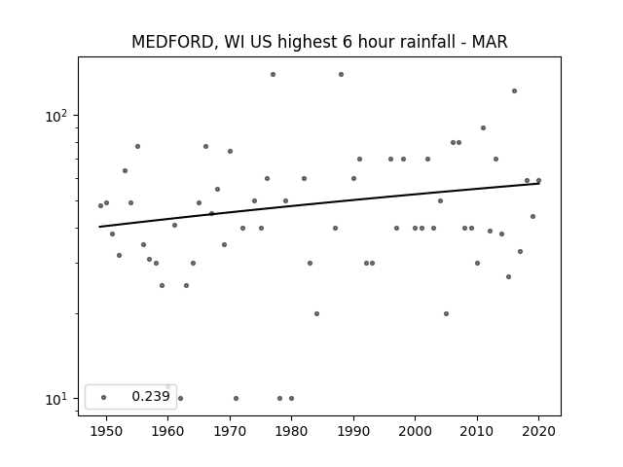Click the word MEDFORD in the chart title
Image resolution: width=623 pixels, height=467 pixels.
[x=173, y=42]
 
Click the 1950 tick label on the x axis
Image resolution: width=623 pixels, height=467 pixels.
[x=106, y=431]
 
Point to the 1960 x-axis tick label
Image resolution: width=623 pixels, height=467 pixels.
[x=167, y=431]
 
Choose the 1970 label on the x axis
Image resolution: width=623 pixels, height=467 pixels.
[x=230, y=431]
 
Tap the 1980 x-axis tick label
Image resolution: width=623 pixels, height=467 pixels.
[x=291, y=431]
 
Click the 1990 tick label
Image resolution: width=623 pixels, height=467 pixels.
[x=353, y=431]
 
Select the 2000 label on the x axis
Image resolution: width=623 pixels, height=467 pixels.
[x=415, y=431]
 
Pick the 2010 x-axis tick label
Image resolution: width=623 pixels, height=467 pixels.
[x=477, y=431]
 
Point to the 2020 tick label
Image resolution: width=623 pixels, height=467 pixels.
[x=538, y=431]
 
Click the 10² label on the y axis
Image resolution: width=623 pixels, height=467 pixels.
[x=56, y=116]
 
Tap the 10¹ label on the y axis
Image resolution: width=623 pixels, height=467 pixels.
[x=56, y=399]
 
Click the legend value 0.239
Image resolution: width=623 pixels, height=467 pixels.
[x=151, y=396]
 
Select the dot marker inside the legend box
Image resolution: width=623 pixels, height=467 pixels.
[x=104, y=397]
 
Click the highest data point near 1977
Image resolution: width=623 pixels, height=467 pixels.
[x=273, y=74]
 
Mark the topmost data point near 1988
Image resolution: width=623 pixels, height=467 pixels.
[x=341, y=74]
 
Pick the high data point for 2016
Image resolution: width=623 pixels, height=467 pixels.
[x=514, y=90]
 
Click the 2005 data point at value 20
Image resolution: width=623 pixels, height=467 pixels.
[x=446, y=313]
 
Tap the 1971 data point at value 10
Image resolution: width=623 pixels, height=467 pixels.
[x=236, y=398]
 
